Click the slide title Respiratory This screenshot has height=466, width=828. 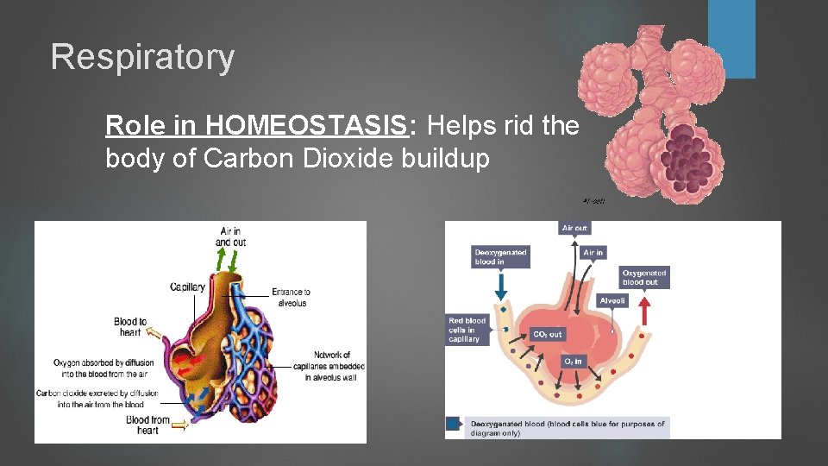coord(142,58)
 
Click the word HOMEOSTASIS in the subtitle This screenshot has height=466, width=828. coord(305,126)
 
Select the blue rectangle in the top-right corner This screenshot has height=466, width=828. coord(731,39)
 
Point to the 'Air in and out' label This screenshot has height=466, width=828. coord(230,236)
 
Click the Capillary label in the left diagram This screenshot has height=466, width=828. coord(187,287)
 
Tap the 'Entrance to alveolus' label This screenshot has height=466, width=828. coord(291,297)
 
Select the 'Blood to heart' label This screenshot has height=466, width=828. coord(130,327)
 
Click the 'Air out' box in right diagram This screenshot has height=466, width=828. coord(574,229)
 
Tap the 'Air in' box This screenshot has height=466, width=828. coord(593,253)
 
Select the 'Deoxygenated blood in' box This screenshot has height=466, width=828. coord(500,257)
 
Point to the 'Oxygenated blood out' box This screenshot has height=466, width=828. coord(644,277)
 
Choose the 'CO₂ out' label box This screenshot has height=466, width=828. coord(547,334)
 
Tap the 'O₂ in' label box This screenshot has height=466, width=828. coord(572,360)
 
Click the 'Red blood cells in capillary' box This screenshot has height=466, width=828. coord(467,330)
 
